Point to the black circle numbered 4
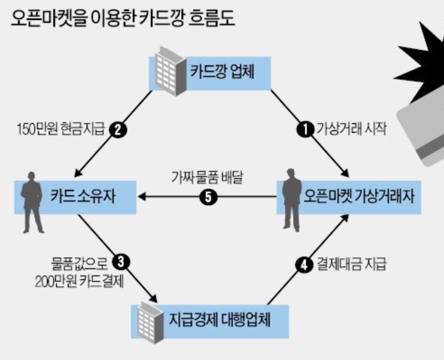point(306,263)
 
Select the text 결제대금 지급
point(352,263)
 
